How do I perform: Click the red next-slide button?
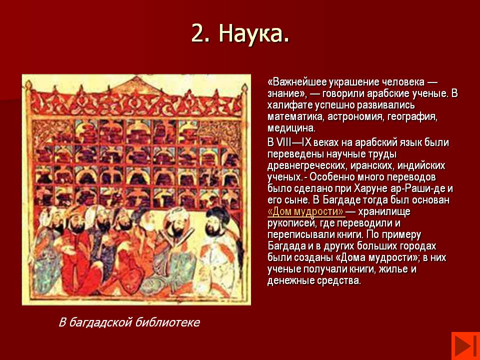coord(465,346)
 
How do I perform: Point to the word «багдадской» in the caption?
coord(99,322)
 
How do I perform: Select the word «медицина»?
coord(291,128)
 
